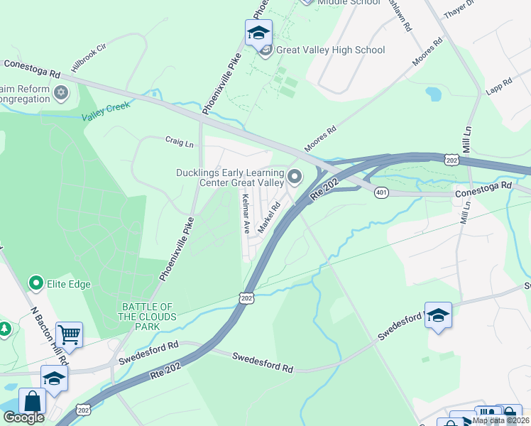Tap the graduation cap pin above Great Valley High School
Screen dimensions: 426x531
pyautogui.click(x=258, y=33)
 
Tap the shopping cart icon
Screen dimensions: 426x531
pyautogui.click(x=69, y=334)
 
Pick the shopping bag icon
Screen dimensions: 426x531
pyautogui.click(x=33, y=401)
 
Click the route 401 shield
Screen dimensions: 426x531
pyautogui.click(x=382, y=194)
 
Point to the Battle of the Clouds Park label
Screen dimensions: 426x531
pyautogui.click(x=147, y=317)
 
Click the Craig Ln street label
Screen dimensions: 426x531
pyautogui.click(x=180, y=142)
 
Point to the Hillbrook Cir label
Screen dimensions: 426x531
pyautogui.click(x=88, y=58)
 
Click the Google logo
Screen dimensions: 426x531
pyautogui.click(x=23, y=417)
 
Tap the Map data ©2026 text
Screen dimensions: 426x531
pyautogui.click(x=500, y=420)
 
